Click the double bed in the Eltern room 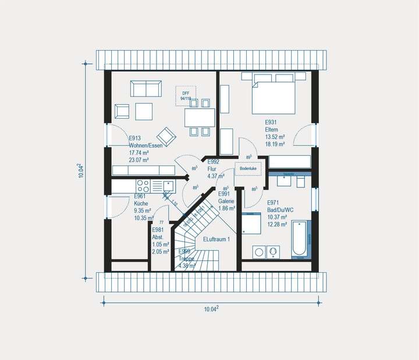coord(273,95)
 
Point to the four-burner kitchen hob coord(143,186)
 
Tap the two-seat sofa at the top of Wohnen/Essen coord(146,89)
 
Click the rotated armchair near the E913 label coord(168,136)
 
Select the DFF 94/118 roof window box coord(186,95)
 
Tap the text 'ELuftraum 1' coord(216,239)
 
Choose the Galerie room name coord(226,201)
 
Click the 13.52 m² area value coord(275,137)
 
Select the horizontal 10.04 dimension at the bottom coord(211,309)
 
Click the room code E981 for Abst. coord(158,230)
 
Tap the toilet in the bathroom coord(300,182)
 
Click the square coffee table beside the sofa coord(144,110)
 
